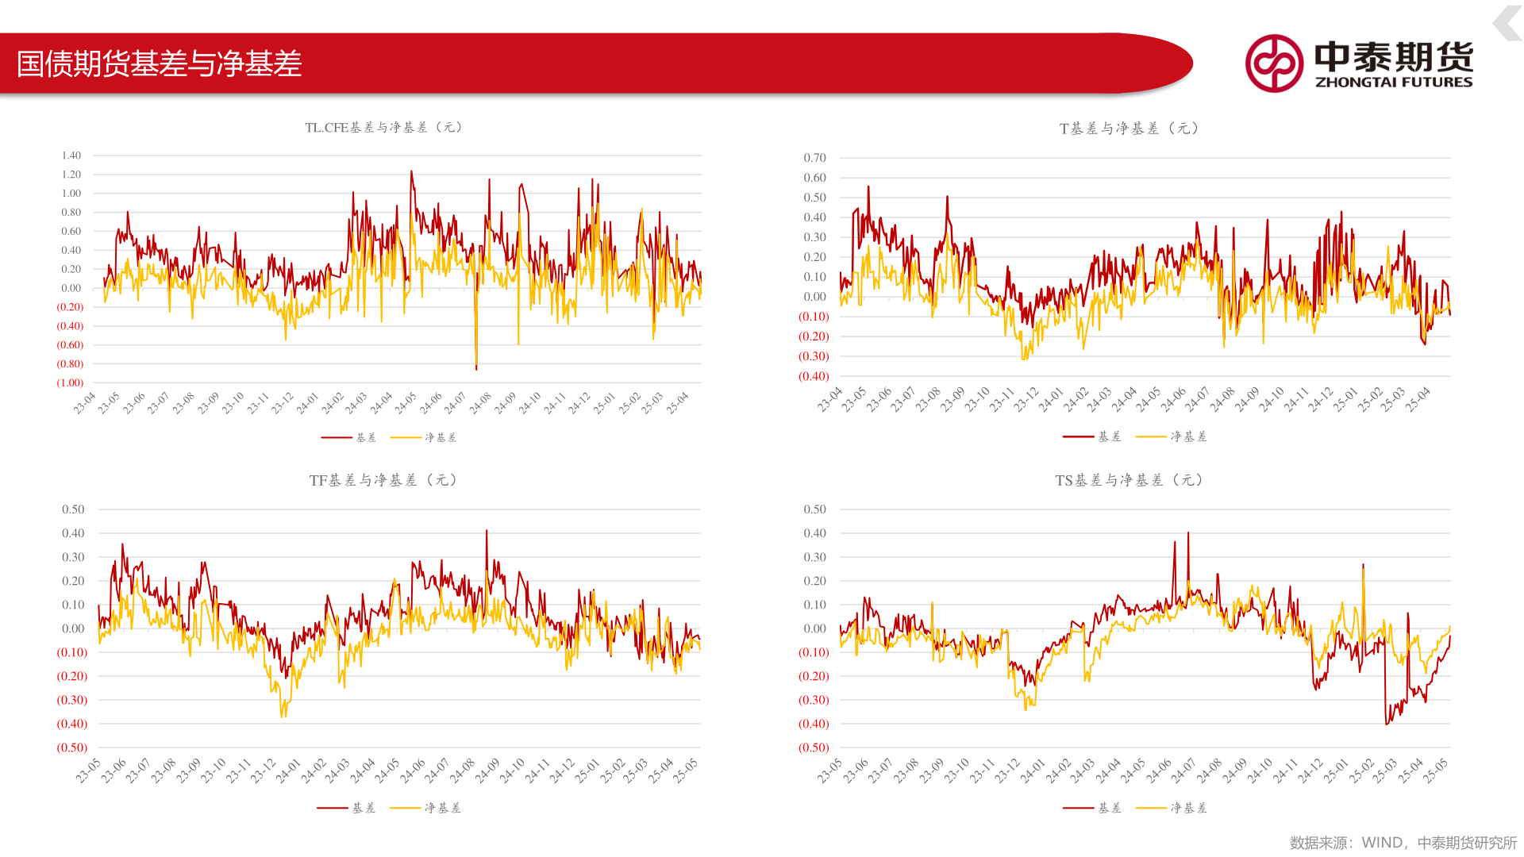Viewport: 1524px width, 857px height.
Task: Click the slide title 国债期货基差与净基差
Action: click(159, 63)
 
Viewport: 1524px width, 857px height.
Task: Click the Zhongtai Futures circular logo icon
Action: click(1273, 63)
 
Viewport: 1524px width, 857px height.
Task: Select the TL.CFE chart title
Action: click(384, 127)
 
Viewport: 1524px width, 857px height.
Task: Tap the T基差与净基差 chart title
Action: click(1129, 129)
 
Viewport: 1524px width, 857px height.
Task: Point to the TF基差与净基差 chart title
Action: click(383, 480)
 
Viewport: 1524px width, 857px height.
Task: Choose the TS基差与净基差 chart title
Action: click(1129, 480)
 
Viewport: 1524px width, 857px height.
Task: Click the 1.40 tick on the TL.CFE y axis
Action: click(71, 156)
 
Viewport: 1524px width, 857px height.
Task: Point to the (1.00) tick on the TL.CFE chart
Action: click(70, 382)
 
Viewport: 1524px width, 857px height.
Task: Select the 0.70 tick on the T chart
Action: click(814, 158)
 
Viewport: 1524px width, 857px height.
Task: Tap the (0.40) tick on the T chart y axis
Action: click(814, 376)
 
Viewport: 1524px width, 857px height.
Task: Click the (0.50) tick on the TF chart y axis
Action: click(71, 747)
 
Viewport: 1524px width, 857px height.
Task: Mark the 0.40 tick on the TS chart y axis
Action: click(814, 533)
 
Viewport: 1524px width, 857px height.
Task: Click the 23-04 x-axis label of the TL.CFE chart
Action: click(84, 403)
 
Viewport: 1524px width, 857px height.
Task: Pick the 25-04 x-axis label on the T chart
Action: click(1418, 399)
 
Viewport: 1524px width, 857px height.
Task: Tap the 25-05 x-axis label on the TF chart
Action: click(685, 771)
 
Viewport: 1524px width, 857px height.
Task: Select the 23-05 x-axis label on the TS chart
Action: click(829, 771)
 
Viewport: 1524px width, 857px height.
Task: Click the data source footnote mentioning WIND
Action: click(1403, 843)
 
